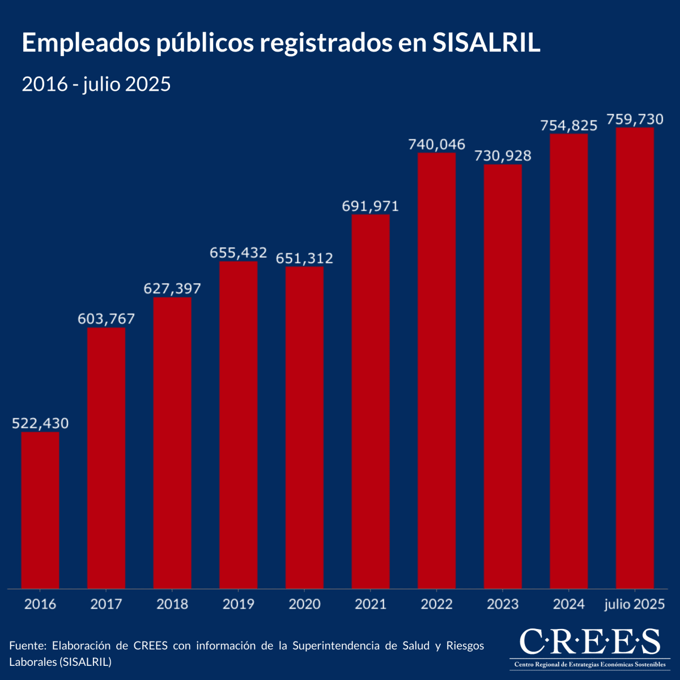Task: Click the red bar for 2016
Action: [x=40, y=510]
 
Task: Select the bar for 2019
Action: [x=239, y=425]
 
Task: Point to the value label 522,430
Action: [x=40, y=423]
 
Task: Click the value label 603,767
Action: [x=107, y=319]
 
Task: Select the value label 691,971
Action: [x=371, y=206]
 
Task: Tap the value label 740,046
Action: [x=437, y=144]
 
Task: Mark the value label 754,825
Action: [x=569, y=125]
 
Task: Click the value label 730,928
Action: [x=503, y=156]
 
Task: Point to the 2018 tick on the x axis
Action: [x=172, y=604]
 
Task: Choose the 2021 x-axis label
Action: [x=371, y=604]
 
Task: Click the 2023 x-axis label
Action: [x=503, y=604]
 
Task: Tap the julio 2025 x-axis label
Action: [x=635, y=604]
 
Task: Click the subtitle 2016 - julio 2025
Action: [x=96, y=84]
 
